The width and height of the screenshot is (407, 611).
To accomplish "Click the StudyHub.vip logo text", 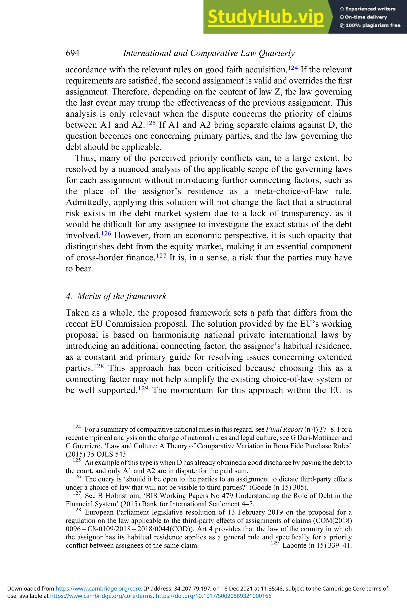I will [x=266, y=17].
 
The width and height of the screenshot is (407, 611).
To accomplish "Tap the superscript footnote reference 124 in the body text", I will [x=293, y=68].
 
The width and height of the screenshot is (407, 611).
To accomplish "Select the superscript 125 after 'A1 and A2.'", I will [x=151, y=123].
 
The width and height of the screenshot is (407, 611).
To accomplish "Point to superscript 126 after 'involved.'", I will [x=106, y=233].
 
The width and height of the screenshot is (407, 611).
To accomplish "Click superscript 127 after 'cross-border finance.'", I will [x=161, y=255].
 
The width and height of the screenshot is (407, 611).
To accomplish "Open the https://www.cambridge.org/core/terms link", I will [x=101, y=596].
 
